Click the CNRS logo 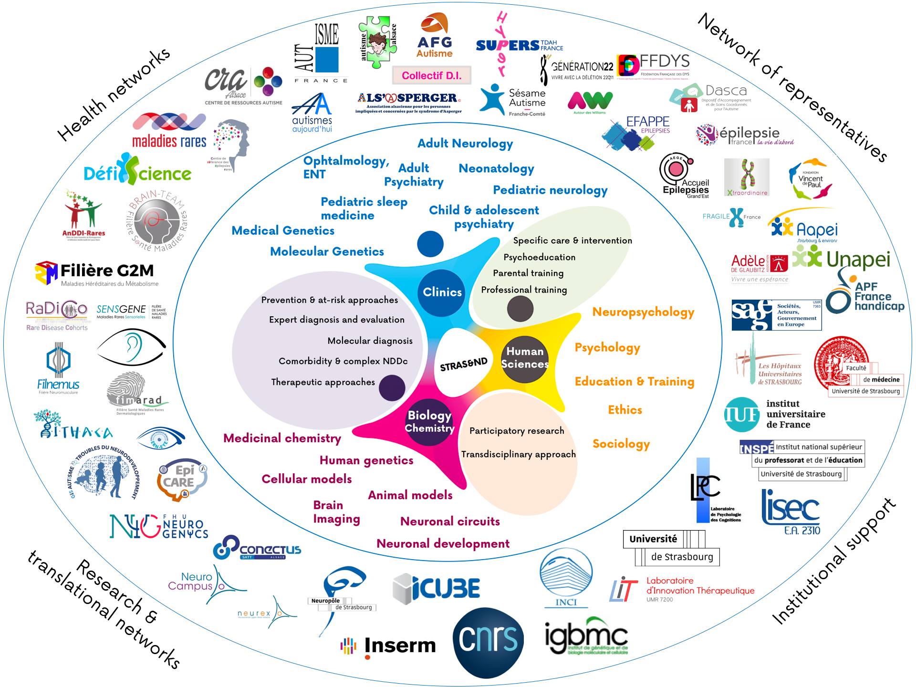488,642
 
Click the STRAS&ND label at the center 463,364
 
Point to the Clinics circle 442,292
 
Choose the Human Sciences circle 525,358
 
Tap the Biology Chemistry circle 429,421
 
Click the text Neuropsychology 643,312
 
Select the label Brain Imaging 336,512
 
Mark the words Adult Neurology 465,144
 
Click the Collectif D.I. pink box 431,75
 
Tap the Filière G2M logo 95,273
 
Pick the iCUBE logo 437,588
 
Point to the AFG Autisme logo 434,36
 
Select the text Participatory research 517,431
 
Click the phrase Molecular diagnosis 370,341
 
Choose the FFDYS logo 653,65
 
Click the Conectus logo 258,549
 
